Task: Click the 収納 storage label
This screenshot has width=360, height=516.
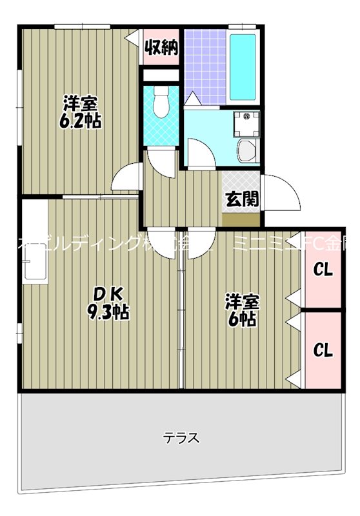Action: pos(161,47)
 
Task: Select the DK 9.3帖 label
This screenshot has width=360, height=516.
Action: pos(108,304)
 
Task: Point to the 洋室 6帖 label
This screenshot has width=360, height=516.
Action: pos(242,309)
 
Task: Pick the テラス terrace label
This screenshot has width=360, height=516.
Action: pos(181,438)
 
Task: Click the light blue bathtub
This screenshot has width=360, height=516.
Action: pos(243,66)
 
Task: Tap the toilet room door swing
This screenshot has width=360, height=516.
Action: pos(163,163)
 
